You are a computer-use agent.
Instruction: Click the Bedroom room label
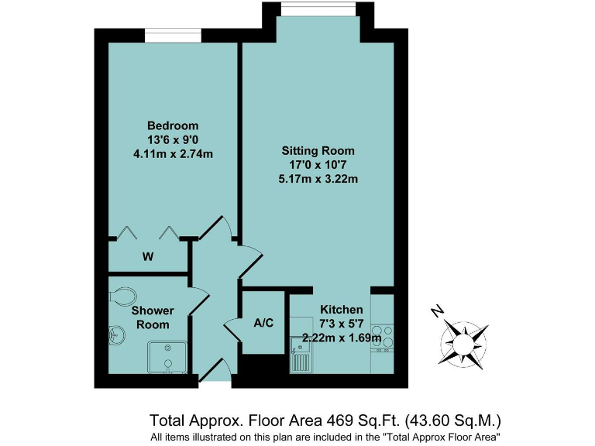(x=173, y=125)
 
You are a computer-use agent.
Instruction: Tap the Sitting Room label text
(x=318, y=151)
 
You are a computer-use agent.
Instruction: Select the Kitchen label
(x=342, y=310)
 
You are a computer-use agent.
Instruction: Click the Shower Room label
(x=153, y=317)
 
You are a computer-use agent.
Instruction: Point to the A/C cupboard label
(x=263, y=323)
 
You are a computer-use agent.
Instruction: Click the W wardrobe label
(x=146, y=256)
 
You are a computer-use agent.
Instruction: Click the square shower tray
(x=166, y=357)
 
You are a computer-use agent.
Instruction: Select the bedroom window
(x=173, y=35)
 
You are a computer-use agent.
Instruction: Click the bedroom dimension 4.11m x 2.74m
(x=173, y=153)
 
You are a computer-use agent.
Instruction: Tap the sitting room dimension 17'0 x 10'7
(x=318, y=165)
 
